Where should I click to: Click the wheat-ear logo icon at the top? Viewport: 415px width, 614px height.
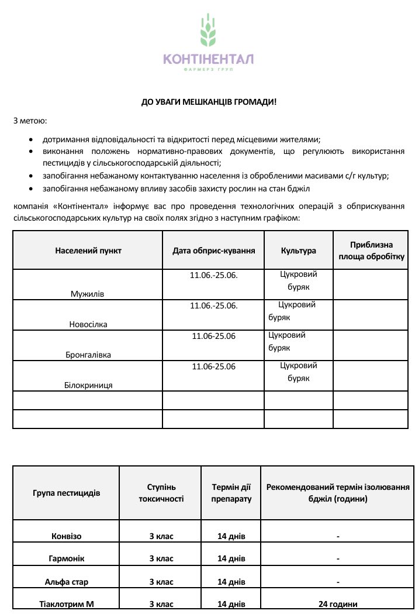(208, 30)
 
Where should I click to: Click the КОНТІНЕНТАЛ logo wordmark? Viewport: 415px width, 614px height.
(208, 59)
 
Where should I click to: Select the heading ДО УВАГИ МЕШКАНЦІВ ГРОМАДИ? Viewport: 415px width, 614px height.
(209, 102)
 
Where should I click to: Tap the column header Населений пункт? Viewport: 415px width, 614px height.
(88, 251)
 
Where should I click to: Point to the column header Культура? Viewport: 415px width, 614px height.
(298, 251)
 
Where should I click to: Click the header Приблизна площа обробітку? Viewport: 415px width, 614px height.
(371, 251)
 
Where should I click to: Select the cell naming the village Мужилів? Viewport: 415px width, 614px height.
(87, 294)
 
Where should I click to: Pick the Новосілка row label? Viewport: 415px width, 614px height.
(88, 324)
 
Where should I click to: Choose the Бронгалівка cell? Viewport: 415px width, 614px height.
(88, 355)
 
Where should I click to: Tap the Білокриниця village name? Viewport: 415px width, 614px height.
(88, 385)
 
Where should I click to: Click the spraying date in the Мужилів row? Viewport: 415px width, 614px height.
(214, 275)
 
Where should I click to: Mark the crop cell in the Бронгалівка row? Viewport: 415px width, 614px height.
(287, 341)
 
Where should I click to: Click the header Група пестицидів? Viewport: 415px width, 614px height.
(66, 493)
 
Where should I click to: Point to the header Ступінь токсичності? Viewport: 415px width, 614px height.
(161, 493)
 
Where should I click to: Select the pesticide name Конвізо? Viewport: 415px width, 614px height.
(66, 536)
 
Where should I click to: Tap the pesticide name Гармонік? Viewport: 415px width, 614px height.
(66, 559)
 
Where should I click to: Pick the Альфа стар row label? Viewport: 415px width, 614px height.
(66, 582)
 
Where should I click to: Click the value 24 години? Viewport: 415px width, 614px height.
(338, 604)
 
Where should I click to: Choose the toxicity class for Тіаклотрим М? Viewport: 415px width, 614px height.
(161, 604)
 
